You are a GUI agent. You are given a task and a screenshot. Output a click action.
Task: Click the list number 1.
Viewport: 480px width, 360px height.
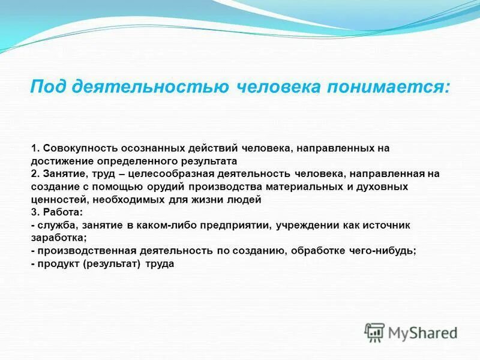coord(34,147)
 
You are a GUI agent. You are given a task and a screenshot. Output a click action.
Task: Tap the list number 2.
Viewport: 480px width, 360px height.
coord(34,174)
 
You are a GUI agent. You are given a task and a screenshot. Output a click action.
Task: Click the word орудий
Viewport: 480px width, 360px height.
coord(145,187)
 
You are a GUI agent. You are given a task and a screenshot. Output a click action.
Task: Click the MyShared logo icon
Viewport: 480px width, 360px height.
coord(374,332)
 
